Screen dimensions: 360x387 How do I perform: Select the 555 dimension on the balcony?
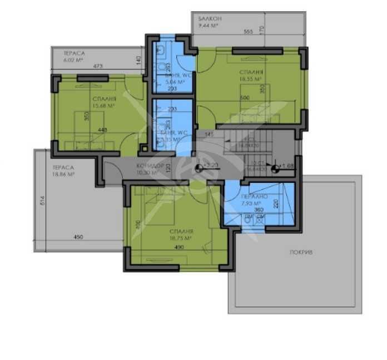point(248,32)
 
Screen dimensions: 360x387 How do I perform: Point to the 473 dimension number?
point(98,66)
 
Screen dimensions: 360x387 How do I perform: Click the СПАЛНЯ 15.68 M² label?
point(104,102)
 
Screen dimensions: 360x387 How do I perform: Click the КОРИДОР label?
point(150,166)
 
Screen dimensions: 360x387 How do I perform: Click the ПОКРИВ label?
point(301,252)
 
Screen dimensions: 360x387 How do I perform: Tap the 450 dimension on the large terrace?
point(78,237)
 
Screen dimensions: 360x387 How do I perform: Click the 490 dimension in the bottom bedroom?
point(179,247)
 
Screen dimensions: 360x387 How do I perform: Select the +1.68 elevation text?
point(287,165)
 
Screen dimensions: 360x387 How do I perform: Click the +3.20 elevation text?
point(211,165)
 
